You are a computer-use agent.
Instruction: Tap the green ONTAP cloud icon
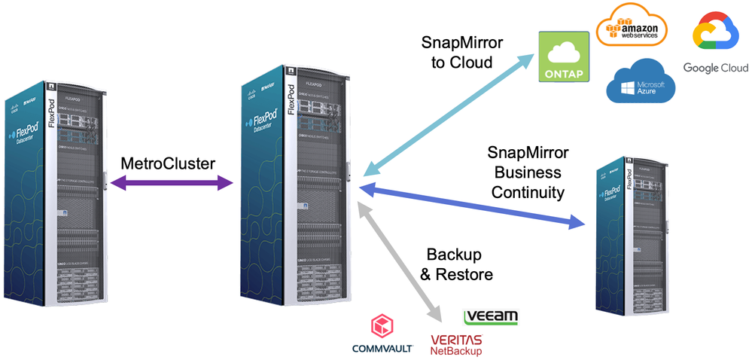[562, 58]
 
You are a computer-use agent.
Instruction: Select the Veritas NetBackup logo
[456, 345]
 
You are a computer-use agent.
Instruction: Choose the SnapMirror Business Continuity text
[527, 172]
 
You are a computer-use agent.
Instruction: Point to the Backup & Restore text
[456, 264]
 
